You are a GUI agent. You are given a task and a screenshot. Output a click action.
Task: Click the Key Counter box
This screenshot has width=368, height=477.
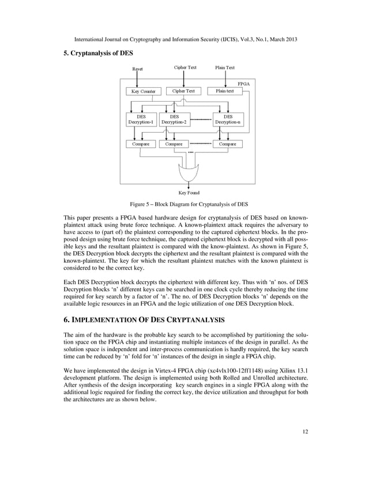point(143,91)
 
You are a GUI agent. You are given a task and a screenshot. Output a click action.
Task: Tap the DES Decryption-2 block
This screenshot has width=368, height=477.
point(174,119)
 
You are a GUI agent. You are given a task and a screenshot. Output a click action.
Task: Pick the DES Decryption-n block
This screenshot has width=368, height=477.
point(228,119)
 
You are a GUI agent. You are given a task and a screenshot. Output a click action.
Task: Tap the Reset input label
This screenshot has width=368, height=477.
point(137,69)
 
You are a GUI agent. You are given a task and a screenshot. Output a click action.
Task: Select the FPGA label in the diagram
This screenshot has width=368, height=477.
point(245,84)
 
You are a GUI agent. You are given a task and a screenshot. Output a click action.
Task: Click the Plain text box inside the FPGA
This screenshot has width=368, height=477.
point(225,91)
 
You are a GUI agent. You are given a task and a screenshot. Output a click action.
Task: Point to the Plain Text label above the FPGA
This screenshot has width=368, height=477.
point(225,68)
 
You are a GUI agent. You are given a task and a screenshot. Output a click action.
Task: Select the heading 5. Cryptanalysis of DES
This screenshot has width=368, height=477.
point(97,53)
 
